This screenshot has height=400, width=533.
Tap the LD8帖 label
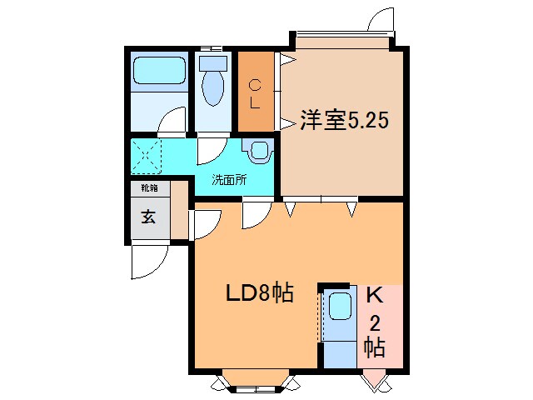click(x=260, y=293)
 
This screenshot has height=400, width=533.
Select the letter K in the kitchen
click(x=374, y=295)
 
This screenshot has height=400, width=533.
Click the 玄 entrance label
click(x=147, y=218)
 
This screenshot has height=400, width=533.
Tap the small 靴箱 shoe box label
click(x=148, y=189)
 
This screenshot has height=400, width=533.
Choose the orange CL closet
click(x=257, y=92)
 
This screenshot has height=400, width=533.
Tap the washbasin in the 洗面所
click(x=259, y=151)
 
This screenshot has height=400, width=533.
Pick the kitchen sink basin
click(x=339, y=307)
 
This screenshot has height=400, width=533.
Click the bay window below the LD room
click(x=257, y=382)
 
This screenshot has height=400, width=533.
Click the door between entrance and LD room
click(x=205, y=224)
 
